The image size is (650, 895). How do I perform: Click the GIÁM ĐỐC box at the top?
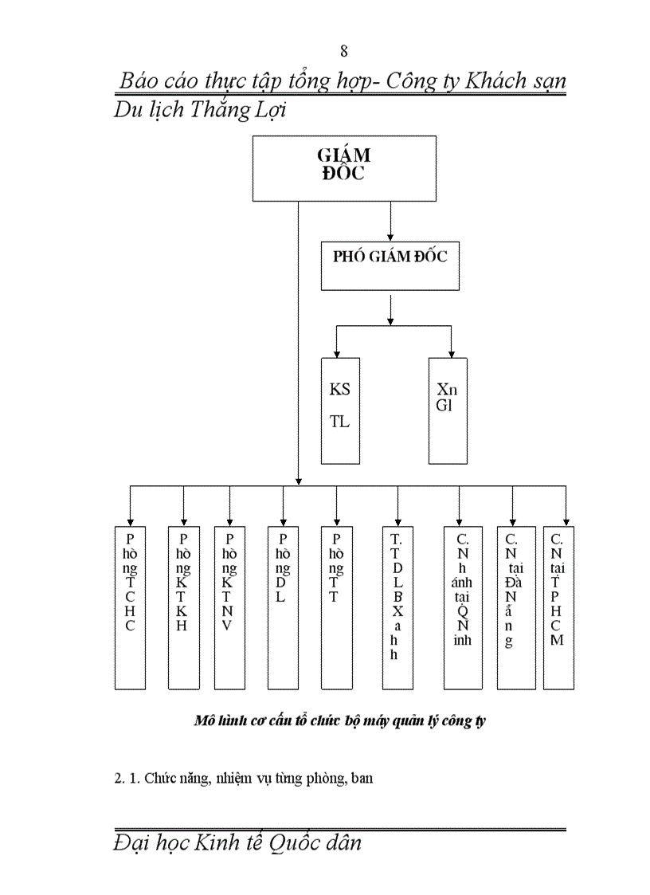pos(344,167)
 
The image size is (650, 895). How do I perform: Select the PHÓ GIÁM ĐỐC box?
pos(390,265)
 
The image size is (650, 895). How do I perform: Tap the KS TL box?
pos(340,410)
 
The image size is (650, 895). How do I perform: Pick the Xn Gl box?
pos(448,410)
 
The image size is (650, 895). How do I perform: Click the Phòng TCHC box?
pos(130,607)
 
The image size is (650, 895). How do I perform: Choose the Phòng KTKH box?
pos(183,607)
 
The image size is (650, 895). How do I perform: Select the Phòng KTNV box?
pos(229,607)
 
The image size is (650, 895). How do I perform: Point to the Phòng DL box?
pos(283,607)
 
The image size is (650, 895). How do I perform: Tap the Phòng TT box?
pos(336,607)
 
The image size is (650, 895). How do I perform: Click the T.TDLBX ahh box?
pos(397,607)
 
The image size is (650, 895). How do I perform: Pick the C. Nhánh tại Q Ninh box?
pos(463,607)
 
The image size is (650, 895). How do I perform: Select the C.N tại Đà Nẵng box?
pos(515,607)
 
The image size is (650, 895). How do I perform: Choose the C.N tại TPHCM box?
pos(558,607)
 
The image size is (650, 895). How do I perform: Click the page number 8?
pos(344,52)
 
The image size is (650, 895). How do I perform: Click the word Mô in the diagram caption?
pos(204,720)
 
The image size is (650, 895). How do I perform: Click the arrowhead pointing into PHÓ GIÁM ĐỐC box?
pos(390,237)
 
